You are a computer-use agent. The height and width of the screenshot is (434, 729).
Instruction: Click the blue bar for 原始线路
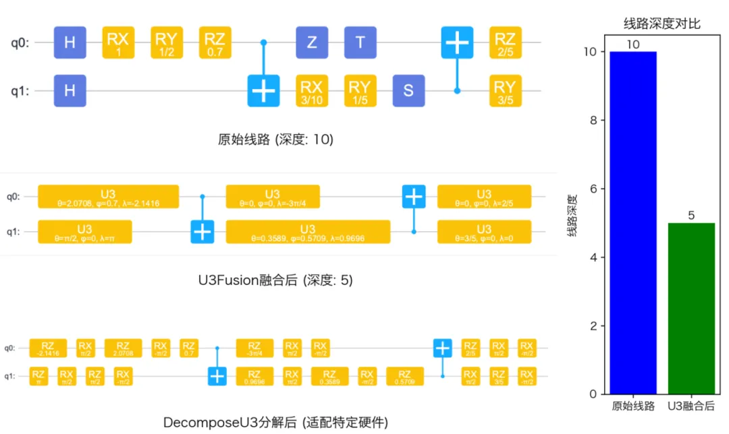[x=633, y=222]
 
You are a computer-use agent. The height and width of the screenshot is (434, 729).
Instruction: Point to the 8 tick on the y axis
[x=593, y=121]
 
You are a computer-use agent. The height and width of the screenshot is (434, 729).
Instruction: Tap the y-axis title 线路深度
[x=572, y=216]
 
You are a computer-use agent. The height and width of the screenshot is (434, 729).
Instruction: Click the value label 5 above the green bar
[x=691, y=216]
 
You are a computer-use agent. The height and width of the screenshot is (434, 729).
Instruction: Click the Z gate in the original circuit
[x=312, y=42]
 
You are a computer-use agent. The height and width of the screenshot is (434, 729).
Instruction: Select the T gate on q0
[x=360, y=42]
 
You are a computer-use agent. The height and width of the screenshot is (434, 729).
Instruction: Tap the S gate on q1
[x=408, y=90]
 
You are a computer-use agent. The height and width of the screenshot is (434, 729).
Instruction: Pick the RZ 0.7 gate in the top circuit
[x=215, y=42]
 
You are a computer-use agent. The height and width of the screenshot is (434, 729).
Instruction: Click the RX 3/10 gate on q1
[x=312, y=90]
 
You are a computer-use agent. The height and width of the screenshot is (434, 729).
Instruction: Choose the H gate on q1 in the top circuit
[x=70, y=90]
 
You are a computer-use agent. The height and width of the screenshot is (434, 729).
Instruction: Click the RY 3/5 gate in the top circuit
[x=505, y=90]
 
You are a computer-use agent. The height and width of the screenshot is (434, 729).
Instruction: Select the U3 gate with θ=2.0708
[x=108, y=197]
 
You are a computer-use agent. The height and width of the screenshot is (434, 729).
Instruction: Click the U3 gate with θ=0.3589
[x=308, y=232]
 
